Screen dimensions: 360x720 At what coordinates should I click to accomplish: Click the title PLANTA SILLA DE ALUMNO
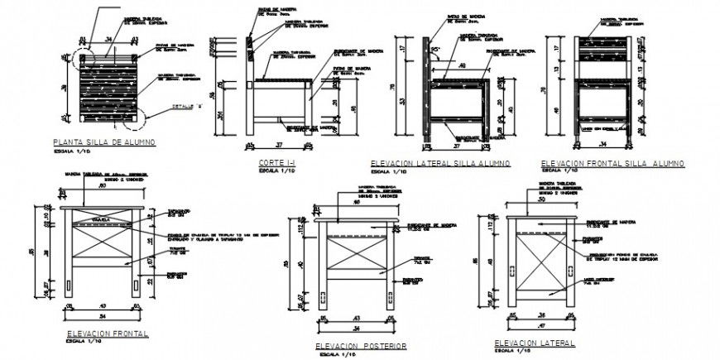tap(103, 142)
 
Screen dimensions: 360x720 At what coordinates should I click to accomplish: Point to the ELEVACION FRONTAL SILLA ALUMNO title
tap(612, 163)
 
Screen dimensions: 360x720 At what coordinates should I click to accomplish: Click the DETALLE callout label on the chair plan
tap(183, 107)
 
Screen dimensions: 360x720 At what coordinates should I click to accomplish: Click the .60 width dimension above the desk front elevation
tap(103, 186)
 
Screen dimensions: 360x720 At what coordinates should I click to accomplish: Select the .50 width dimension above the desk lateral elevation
tap(541, 199)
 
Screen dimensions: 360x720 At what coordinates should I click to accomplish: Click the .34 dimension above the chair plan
tap(108, 38)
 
